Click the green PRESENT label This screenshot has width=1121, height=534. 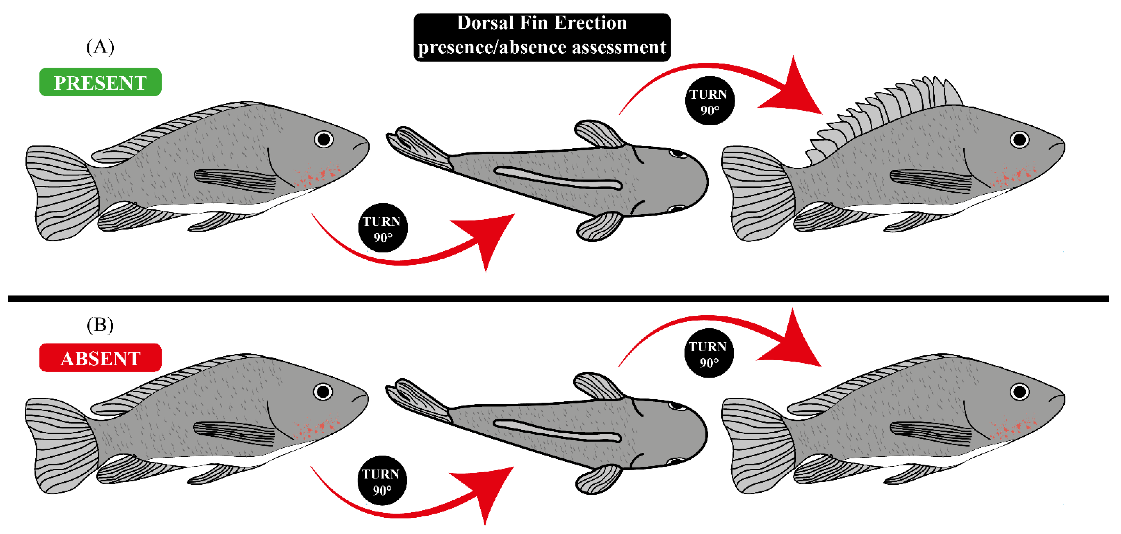coord(100,82)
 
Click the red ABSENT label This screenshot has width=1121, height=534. coord(100,358)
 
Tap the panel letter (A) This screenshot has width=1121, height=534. coord(100,47)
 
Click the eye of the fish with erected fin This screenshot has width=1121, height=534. coord(1020,140)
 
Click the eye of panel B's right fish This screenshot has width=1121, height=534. coord(1020,391)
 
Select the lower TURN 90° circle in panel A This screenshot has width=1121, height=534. coord(383,228)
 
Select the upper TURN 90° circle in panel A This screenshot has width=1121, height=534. coord(709,101)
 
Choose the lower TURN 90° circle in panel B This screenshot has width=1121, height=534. coord(382,480)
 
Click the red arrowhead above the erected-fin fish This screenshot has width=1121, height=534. coord(794,89)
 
